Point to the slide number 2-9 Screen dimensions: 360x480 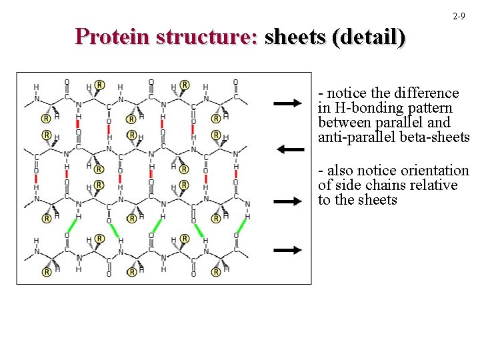click(x=459, y=15)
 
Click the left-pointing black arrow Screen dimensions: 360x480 click(x=289, y=149)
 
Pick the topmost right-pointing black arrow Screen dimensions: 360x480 click(x=288, y=103)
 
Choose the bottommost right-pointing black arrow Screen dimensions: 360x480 click(x=288, y=250)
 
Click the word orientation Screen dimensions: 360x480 click(x=434, y=171)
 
